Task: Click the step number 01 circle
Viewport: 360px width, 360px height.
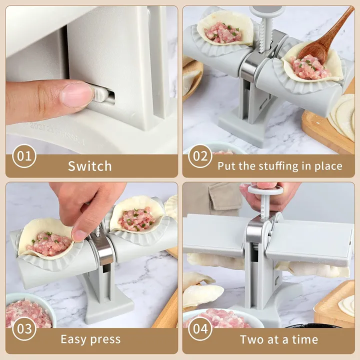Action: [x=24, y=156]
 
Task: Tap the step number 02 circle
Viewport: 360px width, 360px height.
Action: [x=200, y=156]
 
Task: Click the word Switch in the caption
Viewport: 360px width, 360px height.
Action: [x=90, y=166]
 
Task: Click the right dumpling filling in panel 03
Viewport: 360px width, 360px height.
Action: [x=137, y=219]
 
